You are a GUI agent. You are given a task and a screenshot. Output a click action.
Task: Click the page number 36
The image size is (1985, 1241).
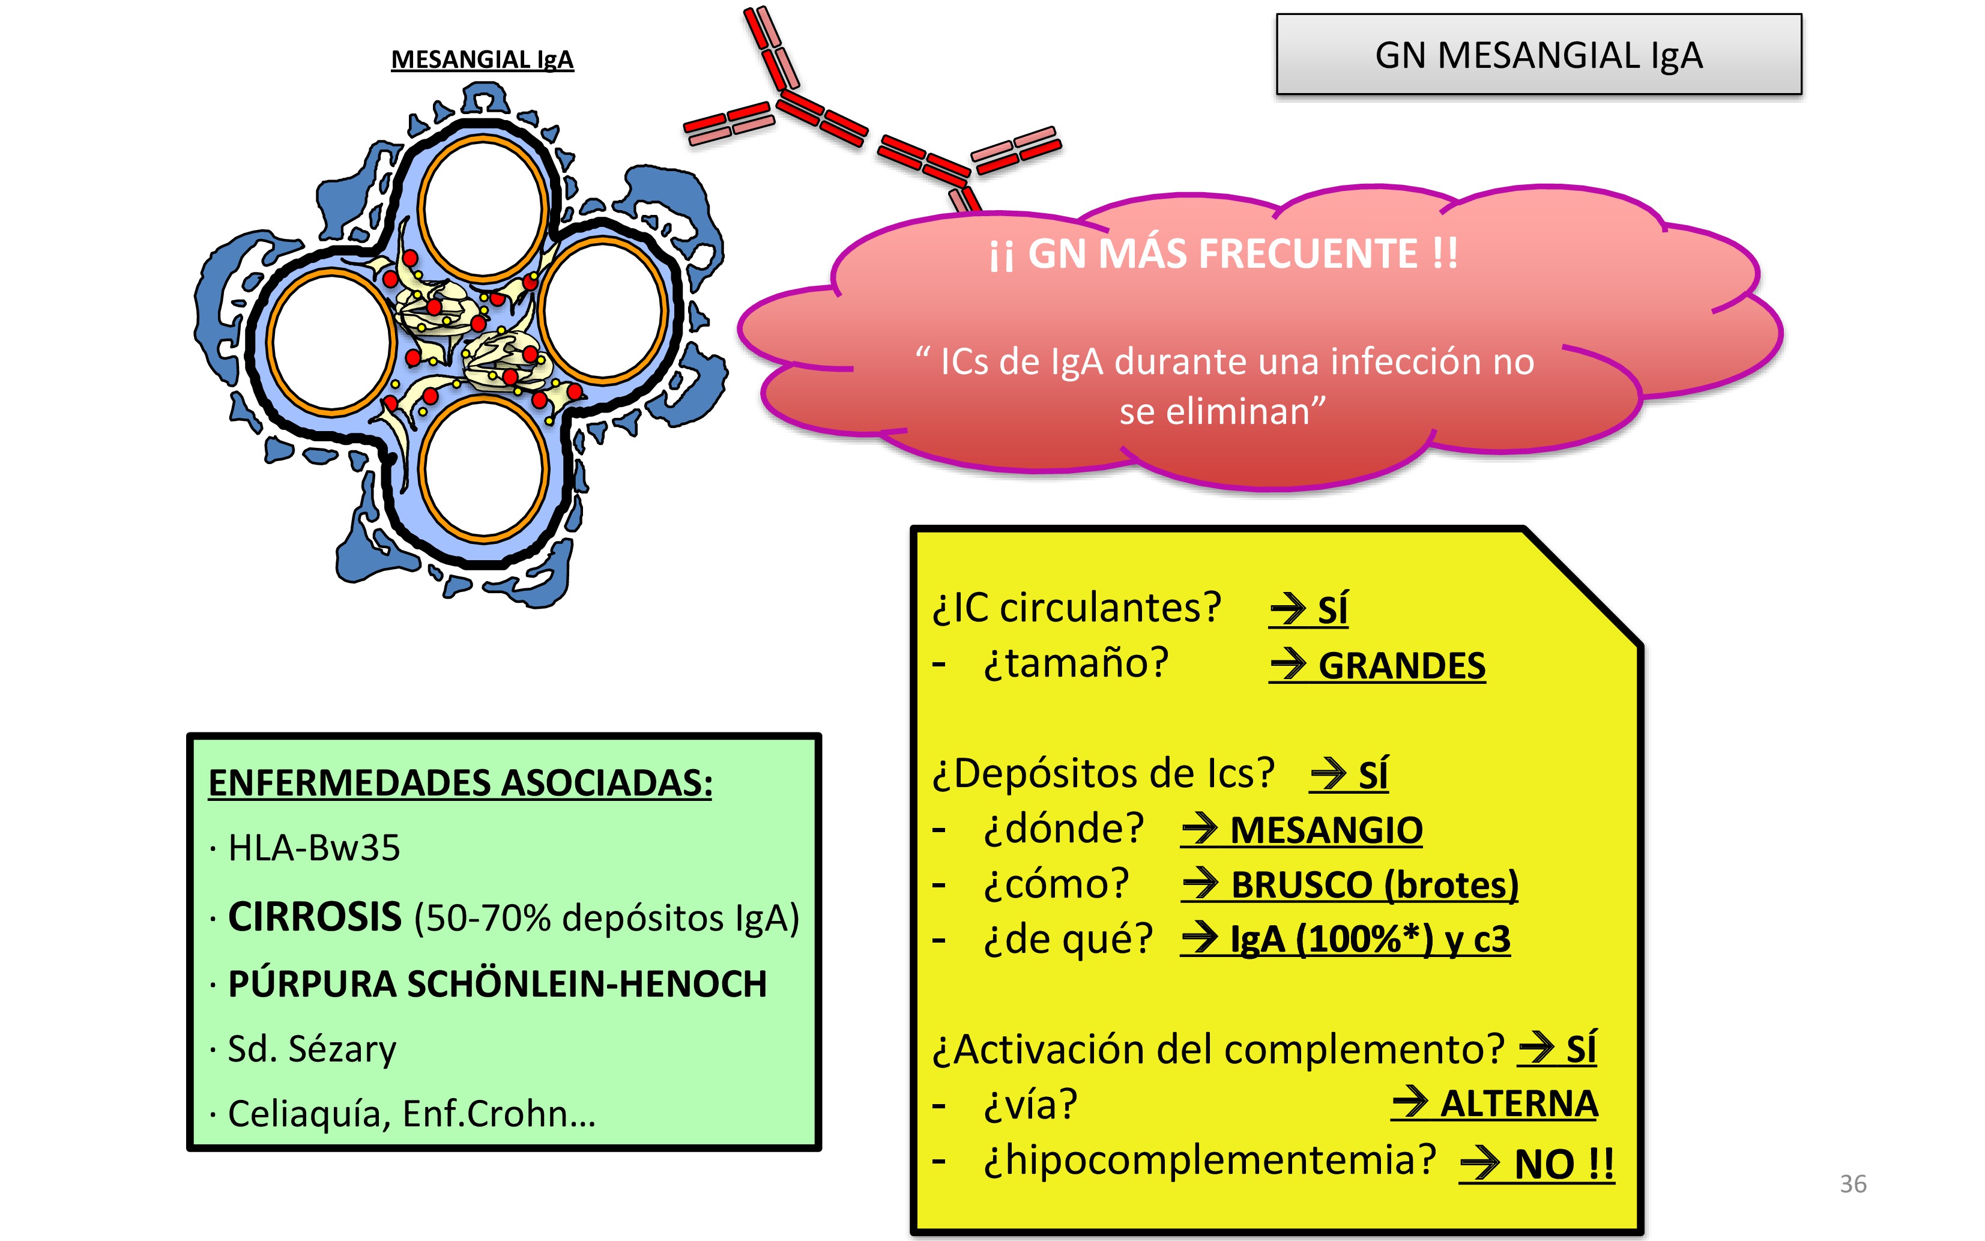click(1853, 1183)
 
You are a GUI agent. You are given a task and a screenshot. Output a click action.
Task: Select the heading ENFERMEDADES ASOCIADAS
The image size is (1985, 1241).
click(461, 782)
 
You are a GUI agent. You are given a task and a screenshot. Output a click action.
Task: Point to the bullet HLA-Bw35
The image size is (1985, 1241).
click(313, 848)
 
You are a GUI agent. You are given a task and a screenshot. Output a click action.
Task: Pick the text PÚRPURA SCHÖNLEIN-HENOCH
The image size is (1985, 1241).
click(497, 983)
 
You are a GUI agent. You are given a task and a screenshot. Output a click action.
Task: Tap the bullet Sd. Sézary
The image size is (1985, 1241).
click(312, 1049)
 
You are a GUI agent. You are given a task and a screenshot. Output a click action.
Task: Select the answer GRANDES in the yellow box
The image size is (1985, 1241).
click(1401, 666)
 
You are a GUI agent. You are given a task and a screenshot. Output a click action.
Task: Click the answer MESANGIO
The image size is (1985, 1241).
click(1325, 830)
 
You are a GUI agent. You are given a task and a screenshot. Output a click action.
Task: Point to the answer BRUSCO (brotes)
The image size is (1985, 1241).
click(1374, 885)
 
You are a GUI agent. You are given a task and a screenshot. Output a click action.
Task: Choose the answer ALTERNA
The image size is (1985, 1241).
click(1518, 1104)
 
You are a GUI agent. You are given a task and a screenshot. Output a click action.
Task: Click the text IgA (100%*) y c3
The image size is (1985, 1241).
click(1369, 939)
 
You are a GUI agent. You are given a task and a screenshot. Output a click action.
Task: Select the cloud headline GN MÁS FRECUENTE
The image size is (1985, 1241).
click(1222, 253)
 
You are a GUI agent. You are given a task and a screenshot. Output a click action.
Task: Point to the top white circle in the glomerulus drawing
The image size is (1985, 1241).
click(483, 210)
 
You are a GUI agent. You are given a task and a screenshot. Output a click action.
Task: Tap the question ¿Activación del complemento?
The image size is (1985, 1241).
click(1218, 1049)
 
